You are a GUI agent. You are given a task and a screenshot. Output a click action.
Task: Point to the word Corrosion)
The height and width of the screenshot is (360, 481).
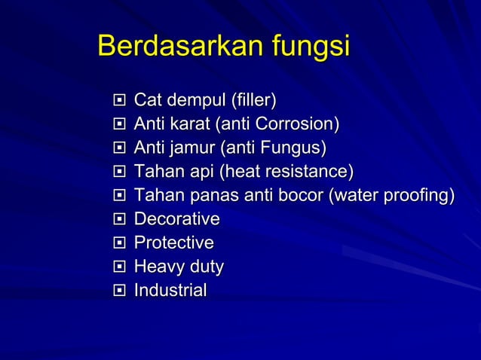(298, 124)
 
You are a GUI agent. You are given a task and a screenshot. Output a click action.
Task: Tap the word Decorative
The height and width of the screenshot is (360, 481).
(176, 219)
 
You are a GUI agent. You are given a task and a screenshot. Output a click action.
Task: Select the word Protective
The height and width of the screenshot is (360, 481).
(173, 243)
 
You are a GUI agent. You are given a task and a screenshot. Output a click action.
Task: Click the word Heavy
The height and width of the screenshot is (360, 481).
(157, 267)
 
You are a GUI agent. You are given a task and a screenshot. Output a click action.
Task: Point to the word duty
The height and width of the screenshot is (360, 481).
(204, 267)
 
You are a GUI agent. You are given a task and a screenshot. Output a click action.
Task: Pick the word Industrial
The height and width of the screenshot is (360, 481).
(170, 291)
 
